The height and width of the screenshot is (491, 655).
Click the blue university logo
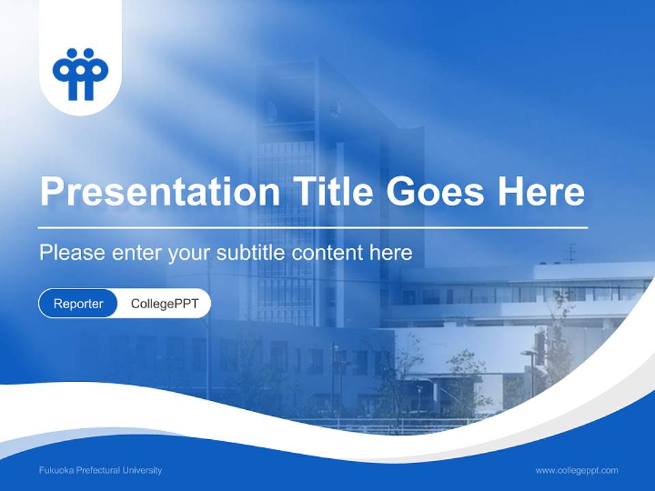tap(81, 74)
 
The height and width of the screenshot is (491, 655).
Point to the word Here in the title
tap(541, 192)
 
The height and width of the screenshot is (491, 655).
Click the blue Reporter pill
tap(78, 303)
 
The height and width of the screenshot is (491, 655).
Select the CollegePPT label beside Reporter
tap(164, 303)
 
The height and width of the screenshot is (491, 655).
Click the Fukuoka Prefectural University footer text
tap(100, 471)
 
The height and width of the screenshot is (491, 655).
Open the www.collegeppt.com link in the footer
tap(577, 471)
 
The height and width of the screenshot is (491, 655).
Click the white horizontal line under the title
tap(313, 227)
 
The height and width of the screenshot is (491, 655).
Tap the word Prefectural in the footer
tap(96, 471)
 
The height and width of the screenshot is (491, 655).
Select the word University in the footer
tap(142, 471)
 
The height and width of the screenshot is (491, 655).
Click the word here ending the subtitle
tap(391, 253)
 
